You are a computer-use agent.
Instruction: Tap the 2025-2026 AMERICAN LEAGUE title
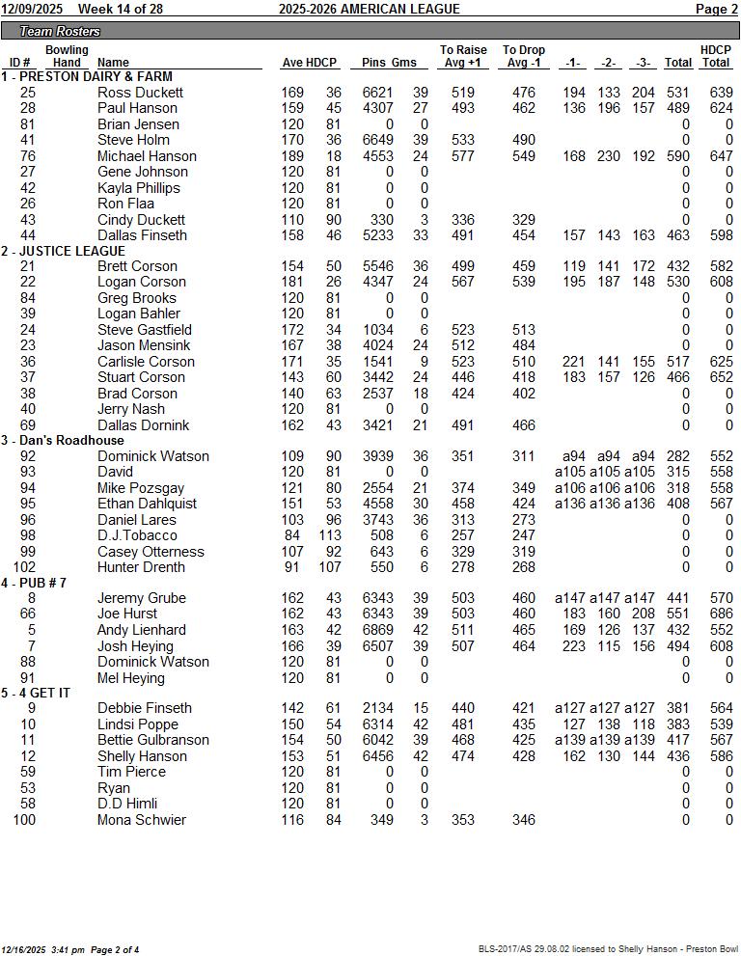coord(369,9)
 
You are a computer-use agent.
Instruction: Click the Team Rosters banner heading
coord(60,32)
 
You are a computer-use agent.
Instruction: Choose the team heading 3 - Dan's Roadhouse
coord(63,441)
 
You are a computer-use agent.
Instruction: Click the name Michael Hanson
coord(147,156)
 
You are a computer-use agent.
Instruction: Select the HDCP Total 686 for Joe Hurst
coord(716,615)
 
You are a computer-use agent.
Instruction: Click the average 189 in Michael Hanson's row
coord(292,156)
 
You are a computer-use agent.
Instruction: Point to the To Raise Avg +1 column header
coord(463,56)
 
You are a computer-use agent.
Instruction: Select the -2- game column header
coord(608,63)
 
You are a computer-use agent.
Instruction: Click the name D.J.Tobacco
coord(137,536)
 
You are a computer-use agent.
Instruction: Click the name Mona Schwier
coord(142,820)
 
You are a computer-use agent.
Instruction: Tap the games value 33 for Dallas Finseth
coord(420,235)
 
